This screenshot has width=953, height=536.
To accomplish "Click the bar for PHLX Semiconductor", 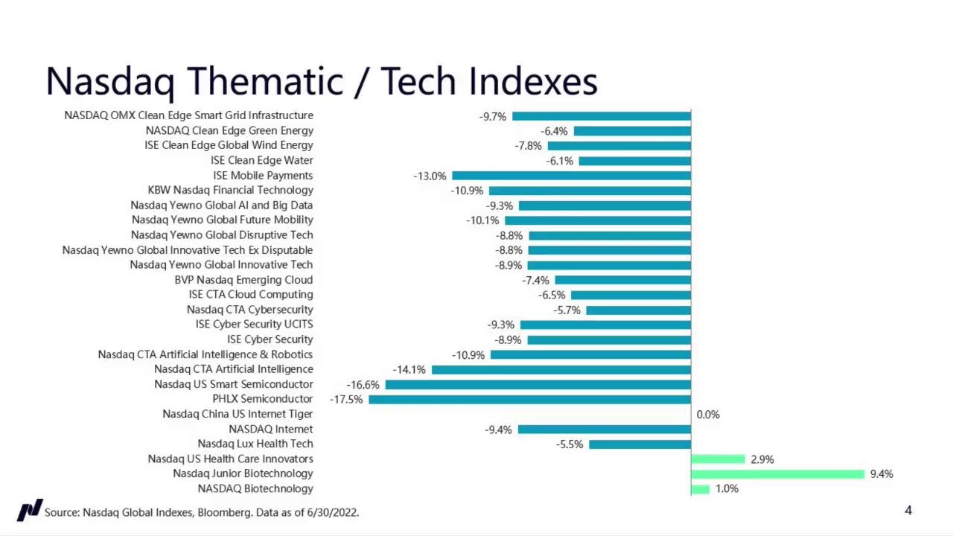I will coord(529,400).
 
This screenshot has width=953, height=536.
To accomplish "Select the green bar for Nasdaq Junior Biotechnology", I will coord(777,474).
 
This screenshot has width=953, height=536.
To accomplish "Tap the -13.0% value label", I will coord(430,176).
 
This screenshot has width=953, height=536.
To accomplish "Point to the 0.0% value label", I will coord(708,415).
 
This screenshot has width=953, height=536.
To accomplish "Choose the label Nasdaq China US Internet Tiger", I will coord(238,414).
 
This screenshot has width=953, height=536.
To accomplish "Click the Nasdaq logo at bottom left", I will coord(30,511).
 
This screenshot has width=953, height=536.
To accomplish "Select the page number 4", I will coord(908,510).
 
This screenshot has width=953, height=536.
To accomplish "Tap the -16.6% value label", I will coord(363,385).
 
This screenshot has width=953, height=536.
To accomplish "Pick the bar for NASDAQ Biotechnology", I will coord(700,489).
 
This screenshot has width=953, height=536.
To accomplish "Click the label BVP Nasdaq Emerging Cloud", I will coord(243,280).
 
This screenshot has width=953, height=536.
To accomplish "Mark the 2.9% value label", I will coord(762,459).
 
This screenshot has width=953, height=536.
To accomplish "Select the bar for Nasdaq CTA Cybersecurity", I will coord(638,310).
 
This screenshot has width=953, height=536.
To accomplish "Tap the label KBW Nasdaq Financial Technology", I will coord(230,191).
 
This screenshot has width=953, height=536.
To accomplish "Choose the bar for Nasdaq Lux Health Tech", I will coord(640,444).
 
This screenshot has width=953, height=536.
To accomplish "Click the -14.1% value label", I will coord(409,370).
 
